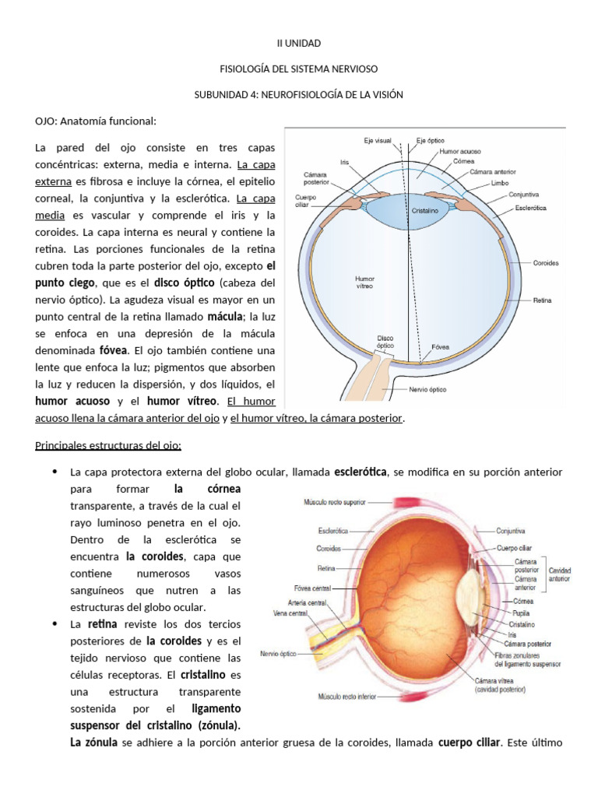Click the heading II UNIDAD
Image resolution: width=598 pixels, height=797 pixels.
(299, 44)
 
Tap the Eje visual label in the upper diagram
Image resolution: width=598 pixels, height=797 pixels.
(378, 141)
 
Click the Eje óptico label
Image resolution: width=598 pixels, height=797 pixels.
(429, 141)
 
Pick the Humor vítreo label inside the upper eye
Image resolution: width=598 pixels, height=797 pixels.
(364, 281)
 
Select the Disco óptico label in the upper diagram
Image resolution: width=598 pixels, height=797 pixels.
(385, 342)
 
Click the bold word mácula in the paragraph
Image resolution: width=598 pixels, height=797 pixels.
(225, 317)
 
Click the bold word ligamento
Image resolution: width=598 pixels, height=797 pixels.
(216, 709)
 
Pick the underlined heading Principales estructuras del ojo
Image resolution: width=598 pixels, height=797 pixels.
(108, 445)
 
